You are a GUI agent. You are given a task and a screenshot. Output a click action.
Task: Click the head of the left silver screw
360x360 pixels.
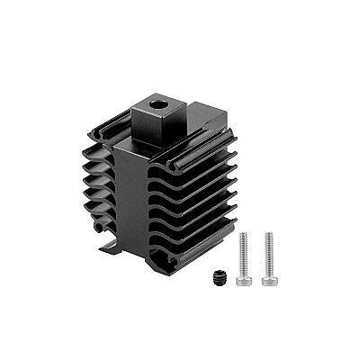pyautogui.click(x=243, y=278)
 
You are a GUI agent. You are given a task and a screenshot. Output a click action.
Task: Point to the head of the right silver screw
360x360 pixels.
pyautogui.click(x=268, y=278)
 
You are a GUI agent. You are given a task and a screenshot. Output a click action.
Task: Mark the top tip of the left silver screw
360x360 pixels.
pyautogui.click(x=243, y=235)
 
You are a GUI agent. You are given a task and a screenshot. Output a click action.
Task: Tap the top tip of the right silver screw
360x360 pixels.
pyautogui.click(x=268, y=235)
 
